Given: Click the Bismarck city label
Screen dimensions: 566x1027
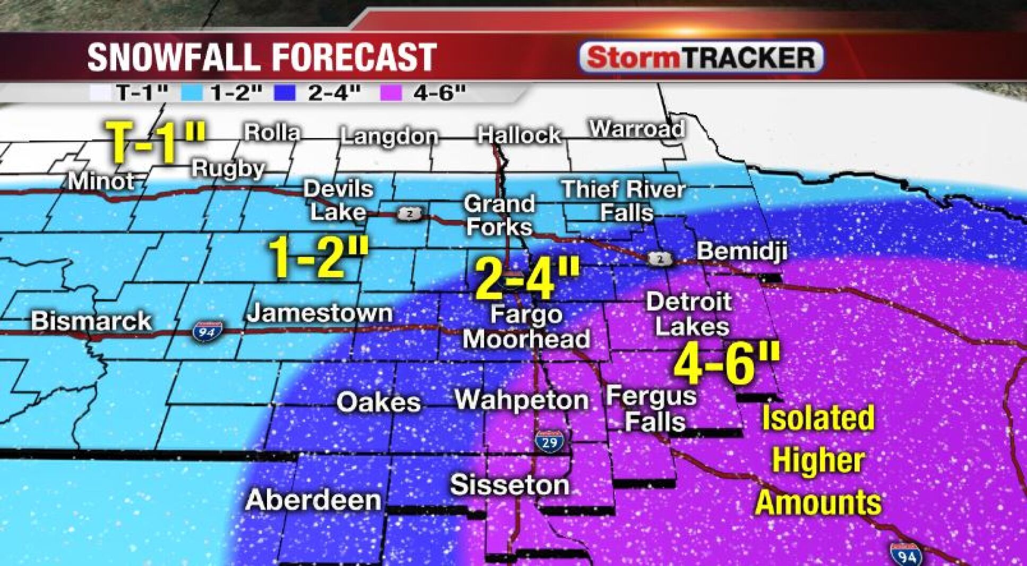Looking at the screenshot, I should pos(91,321).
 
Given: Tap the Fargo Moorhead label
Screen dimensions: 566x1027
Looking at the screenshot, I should pos(526,327).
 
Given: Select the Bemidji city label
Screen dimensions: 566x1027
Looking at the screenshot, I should pos(741,251).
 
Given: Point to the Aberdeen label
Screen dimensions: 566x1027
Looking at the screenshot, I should pos(313,500).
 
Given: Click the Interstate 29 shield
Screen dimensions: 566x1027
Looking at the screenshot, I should pos(549,441).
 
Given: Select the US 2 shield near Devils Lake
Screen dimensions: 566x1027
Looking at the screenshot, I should pos(410,214).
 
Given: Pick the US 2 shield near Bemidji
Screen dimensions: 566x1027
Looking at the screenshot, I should pos(660,259).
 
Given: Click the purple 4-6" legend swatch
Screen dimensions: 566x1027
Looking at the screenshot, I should pos(391,93).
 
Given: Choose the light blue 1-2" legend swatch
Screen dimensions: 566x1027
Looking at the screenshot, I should pos(191,93).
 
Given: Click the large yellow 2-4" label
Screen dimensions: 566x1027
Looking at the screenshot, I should pos(527,278).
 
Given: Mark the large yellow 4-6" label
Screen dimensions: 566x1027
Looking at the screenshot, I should pos(727,363).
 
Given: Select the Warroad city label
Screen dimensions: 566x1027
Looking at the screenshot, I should pos(636,128).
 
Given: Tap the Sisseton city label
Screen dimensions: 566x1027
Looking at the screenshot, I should pos(509,485).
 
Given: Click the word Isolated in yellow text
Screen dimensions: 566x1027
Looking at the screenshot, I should pos(818,418).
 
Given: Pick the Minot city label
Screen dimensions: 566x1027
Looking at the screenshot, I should pos(101,182).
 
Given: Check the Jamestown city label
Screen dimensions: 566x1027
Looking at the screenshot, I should pos(320,313).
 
